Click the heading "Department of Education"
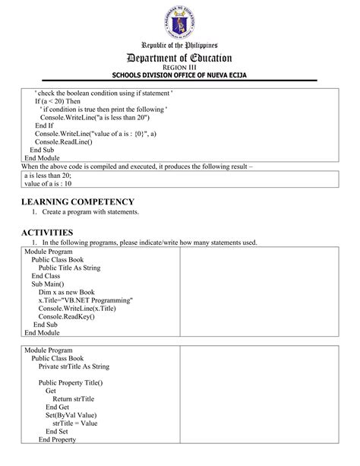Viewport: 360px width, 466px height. point(180,58)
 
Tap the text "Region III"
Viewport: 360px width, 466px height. point(180,68)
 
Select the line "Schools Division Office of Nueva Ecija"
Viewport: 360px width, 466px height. point(180,75)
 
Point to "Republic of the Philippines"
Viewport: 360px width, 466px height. point(180,46)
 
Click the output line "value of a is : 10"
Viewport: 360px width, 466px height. point(48,183)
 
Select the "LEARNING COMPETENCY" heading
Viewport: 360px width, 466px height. point(77,201)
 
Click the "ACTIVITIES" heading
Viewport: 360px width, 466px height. point(47,232)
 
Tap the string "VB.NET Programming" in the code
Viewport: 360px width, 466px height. point(97,300)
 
